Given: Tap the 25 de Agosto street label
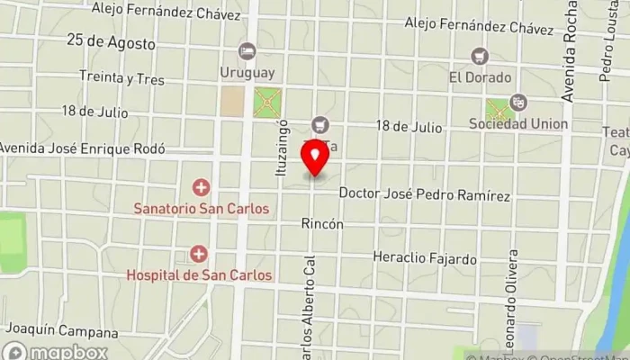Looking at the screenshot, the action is coord(111,42).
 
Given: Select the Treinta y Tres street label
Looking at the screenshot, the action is coord(121,79).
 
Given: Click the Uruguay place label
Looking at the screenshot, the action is coord(247,71).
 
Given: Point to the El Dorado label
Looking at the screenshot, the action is coord(481,77).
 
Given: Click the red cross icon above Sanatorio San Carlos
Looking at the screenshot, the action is coord(201,188).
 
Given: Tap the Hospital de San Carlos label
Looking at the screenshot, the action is coord(199,274).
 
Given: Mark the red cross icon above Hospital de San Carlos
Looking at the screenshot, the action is coord(199,255).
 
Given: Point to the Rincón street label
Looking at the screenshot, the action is coord(322,223).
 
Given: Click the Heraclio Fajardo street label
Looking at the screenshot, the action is coord(425,259).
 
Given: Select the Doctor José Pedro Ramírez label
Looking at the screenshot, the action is coord(425,195).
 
